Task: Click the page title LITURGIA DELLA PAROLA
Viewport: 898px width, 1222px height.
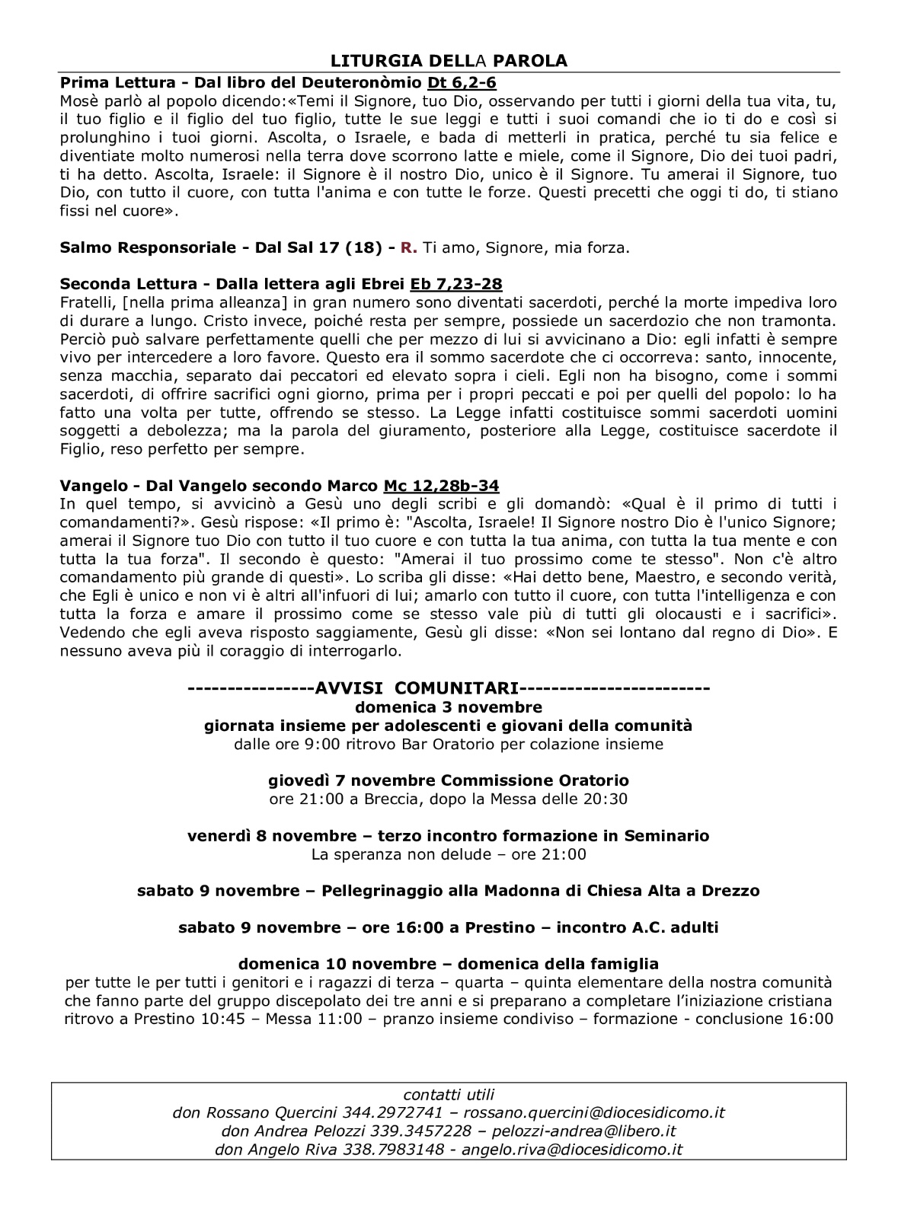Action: (449, 61)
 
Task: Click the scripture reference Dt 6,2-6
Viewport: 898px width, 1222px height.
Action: (461, 82)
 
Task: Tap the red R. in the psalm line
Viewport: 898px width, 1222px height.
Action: (409, 247)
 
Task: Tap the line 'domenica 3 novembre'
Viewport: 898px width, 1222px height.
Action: (449, 707)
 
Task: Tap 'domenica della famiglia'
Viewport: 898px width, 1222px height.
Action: (558, 964)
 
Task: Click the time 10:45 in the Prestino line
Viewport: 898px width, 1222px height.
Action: (225, 1019)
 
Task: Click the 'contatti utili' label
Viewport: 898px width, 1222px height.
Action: (449, 1095)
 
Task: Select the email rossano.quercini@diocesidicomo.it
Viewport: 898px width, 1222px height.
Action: (594, 1113)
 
